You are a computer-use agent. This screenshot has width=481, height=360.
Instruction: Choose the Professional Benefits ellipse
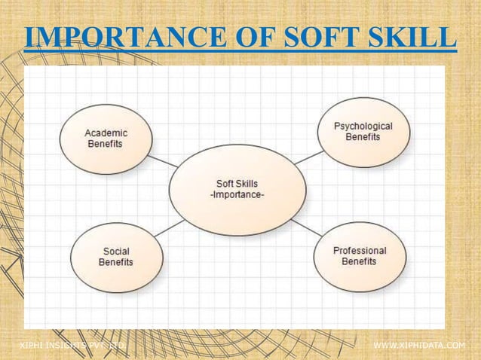360,256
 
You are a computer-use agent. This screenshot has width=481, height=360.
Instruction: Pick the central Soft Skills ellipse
237,189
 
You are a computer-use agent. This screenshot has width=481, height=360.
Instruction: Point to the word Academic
106,133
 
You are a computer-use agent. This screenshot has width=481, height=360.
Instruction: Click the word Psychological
363,126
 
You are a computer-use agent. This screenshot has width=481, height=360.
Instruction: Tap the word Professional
360,250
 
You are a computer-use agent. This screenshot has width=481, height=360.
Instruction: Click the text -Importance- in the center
237,195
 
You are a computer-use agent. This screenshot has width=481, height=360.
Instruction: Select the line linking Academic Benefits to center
163,161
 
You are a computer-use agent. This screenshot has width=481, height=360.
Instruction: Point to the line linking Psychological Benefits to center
308,157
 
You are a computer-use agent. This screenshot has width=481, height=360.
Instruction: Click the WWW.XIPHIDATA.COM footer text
420,345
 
